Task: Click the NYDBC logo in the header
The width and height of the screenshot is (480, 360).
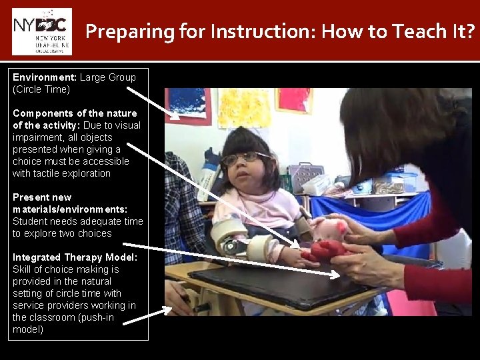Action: tap(41, 31)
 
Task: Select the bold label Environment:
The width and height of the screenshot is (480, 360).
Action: tap(44, 77)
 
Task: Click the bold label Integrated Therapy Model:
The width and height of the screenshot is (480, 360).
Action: tap(75, 257)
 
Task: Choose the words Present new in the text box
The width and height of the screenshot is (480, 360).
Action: tap(41, 197)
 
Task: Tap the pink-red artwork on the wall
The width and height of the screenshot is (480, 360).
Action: tap(294, 99)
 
